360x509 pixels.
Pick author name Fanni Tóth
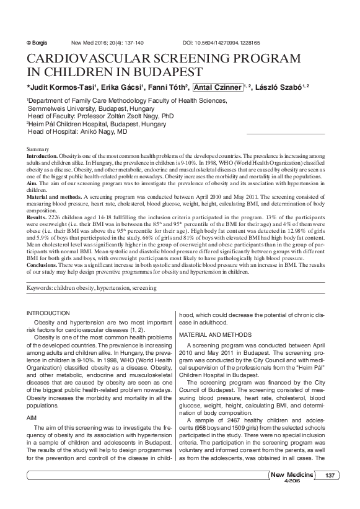pyautogui.click(x=169, y=87)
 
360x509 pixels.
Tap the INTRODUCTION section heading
pyautogui.click(x=53, y=314)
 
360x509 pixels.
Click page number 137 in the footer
pyautogui.click(x=329, y=475)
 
